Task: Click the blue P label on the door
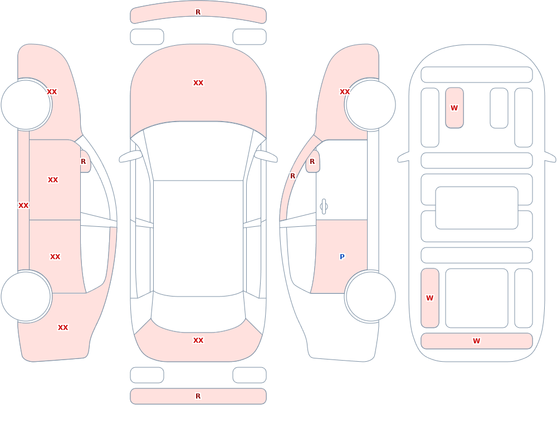click(342, 257)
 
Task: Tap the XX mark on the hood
click(198, 83)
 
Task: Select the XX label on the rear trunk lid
click(198, 341)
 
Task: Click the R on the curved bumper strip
click(198, 12)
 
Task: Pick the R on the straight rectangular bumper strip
click(198, 396)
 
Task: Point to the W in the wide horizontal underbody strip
click(476, 341)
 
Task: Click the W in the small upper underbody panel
click(454, 108)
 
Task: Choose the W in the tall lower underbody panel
click(429, 298)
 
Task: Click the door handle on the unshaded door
click(324, 207)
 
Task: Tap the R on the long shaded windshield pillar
click(293, 176)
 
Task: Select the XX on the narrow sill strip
click(23, 206)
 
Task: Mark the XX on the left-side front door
click(53, 180)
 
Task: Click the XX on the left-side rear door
click(55, 257)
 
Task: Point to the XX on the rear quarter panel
click(63, 328)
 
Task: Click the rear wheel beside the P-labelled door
click(370, 296)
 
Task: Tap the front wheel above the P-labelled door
click(370, 105)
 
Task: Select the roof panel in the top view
click(198, 238)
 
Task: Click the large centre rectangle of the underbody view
click(477, 208)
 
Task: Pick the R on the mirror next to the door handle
click(312, 162)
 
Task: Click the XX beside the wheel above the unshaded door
click(345, 92)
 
